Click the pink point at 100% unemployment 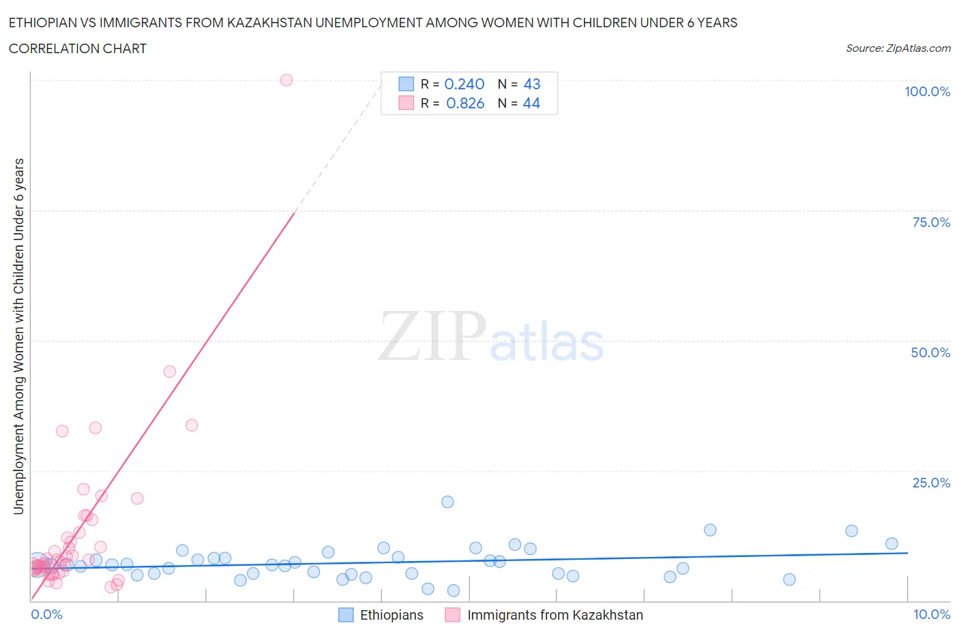coord(286,80)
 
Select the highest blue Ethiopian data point coord(447,502)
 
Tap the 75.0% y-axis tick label coord(931,222)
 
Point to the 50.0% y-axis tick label coord(930,352)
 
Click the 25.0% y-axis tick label coord(931,483)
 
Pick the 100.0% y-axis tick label coord(927,91)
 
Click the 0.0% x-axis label coord(46,614)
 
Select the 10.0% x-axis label coord(932,614)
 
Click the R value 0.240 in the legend coord(464,84)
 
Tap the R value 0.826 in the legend coord(465,103)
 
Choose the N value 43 coord(532,84)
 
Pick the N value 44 coord(531,103)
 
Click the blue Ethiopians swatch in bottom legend coord(346,615)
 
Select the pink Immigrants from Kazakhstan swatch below coord(452,615)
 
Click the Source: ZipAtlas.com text coord(898,48)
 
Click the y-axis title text coord(18,336)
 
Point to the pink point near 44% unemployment coord(170,372)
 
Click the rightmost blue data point coord(891,543)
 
